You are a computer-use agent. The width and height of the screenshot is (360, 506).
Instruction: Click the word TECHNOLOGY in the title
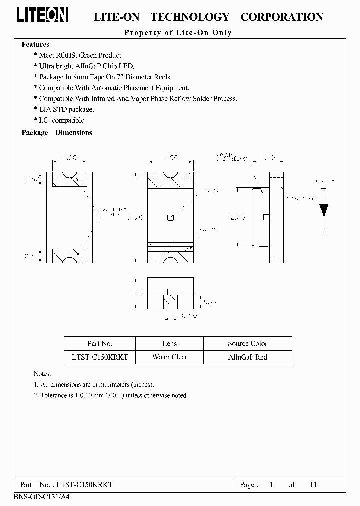190,17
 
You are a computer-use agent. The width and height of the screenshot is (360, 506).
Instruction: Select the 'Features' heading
35,44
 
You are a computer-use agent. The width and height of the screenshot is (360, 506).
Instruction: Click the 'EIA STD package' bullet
66,109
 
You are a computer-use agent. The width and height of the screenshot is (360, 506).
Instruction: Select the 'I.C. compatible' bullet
62,120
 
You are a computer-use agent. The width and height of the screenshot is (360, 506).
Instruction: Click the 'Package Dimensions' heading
57,132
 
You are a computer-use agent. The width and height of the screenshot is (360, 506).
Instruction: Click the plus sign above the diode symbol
324,188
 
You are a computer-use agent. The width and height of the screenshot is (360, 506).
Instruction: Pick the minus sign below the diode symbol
324,233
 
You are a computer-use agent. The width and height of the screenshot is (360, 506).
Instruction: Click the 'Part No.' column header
100,344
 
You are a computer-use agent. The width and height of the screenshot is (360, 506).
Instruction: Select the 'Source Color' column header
247,344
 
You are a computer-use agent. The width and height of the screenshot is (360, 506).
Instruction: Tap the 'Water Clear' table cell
170,357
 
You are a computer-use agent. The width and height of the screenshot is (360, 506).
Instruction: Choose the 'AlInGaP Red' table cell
247,357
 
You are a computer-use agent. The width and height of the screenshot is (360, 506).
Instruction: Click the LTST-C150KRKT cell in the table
100,357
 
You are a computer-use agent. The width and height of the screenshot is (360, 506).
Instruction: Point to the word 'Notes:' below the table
43,374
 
